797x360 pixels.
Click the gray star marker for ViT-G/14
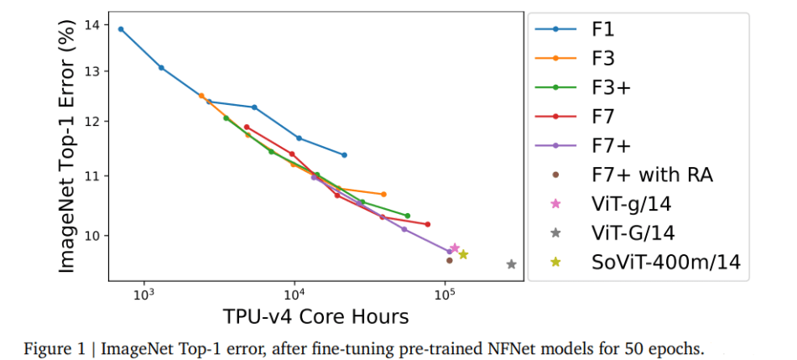coord(511,263)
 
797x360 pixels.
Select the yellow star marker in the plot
coord(463,254)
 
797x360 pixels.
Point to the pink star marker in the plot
coord(455,248)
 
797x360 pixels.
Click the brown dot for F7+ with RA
coord(449,260)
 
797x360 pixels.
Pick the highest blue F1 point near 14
coord(121,29)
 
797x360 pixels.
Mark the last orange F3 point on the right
coord(383,194)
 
